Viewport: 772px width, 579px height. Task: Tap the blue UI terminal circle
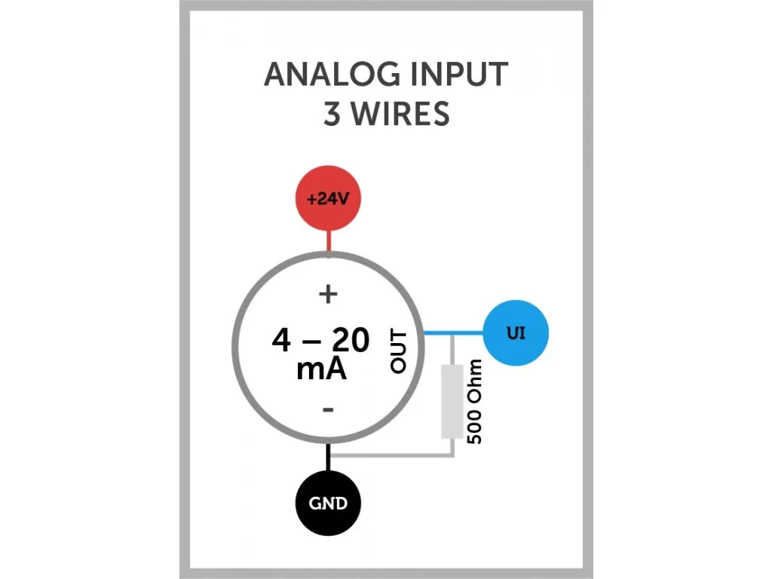(x=516, y=332)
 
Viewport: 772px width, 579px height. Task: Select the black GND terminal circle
(x=328, y=503)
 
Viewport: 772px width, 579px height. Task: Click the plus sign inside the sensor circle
(x=328, y=294)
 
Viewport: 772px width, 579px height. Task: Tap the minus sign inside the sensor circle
(x=328, y=409)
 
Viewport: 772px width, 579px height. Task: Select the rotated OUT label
(x=399, y=351)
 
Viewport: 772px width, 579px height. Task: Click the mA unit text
(x=321, y=369)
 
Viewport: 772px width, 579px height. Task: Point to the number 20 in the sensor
(x=351, y=341)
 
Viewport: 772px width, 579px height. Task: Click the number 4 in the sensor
(x=281, y=341)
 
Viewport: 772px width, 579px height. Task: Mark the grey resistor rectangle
(x=452, y=402)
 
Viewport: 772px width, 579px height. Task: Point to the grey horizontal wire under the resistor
(x=392, y=455)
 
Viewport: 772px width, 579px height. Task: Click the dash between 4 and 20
(x=311, y=342)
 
